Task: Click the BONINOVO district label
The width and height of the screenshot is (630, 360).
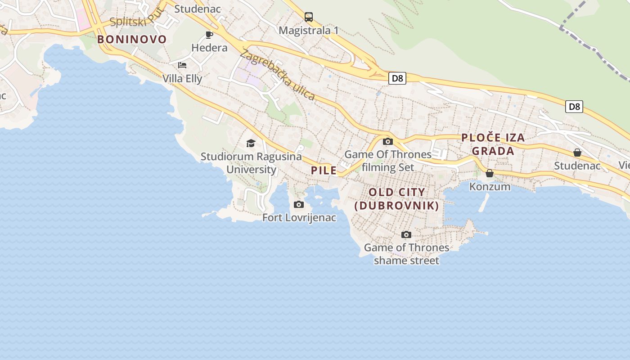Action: point(132,40)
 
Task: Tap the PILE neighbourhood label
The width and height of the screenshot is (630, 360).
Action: point(324,170)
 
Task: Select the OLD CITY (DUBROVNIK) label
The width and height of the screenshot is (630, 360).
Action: point(396,199)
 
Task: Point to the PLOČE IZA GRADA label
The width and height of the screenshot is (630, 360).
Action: point(493,144)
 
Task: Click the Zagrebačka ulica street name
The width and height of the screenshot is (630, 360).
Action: point(277,75)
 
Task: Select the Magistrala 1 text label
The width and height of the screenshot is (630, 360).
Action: point(308,31)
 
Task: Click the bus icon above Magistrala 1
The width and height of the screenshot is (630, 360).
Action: point(308,17)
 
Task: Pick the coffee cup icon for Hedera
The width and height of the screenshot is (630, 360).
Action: point(209,35)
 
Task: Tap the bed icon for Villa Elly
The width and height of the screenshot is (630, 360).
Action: point(182,65)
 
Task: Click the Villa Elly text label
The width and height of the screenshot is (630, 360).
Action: point(182,78)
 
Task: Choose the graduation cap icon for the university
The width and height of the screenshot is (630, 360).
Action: point(251,143)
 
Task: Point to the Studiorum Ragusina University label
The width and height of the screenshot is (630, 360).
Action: point(251,163)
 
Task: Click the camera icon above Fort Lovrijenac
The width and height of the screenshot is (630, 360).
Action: point(298,205)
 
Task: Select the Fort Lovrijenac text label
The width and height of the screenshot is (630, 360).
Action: point(299,218)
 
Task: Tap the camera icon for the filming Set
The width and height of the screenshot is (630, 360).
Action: point(387,141)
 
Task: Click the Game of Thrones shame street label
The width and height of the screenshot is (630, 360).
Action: point(406,254)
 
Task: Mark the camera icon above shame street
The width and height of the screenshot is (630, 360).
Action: point(406,234)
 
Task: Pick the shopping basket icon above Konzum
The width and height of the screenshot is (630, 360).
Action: point(490,173)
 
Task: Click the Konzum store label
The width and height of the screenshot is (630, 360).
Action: point(490,186)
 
